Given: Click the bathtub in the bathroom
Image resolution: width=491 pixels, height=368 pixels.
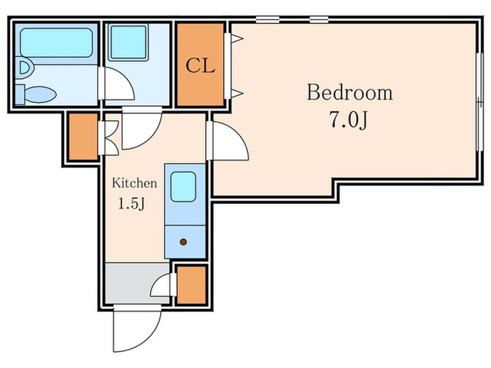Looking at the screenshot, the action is click(x=56, y=43).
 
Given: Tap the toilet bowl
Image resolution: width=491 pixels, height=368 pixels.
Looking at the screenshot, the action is click(x=41, y=94).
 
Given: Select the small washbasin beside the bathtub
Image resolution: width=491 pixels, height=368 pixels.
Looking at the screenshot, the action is click(x=25, y=67).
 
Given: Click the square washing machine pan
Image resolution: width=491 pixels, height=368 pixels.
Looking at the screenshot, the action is click(x=128, y=42).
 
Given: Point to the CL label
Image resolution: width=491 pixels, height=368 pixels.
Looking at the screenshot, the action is click(x=201, y=66).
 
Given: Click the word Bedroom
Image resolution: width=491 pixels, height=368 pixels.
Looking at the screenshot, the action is click(x=349, y=93).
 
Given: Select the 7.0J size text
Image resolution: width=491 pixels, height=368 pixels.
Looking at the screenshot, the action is click(x=348, y=120).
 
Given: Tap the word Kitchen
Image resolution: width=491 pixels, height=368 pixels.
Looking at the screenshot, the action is click(x=135, y=183).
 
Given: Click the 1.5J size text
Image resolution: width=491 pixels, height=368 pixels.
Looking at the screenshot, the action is click(x=132, y=204).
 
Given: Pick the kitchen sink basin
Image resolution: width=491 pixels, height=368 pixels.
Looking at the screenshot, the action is click(x=184, y=187).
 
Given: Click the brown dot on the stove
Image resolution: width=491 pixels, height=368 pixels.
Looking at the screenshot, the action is click(x=184, y=242).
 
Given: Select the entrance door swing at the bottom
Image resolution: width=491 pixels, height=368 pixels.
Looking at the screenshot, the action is click(x=137, y=329).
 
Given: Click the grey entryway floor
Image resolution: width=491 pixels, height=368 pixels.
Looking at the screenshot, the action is click(x=137, y=283).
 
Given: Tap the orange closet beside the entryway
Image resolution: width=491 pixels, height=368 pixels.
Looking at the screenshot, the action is click(x=191, y=285).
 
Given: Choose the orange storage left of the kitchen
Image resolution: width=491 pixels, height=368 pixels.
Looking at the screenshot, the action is click(x=83, y=137).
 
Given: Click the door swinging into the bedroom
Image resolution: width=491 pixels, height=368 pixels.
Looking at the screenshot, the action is click(x=228, y=141).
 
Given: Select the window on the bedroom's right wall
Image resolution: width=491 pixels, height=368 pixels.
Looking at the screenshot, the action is click(x=480, y=102).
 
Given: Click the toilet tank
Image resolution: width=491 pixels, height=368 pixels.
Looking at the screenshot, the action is click(x=20, y=94).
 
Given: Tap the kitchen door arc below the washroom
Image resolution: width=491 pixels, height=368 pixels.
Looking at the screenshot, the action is click(x=142, y=128).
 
